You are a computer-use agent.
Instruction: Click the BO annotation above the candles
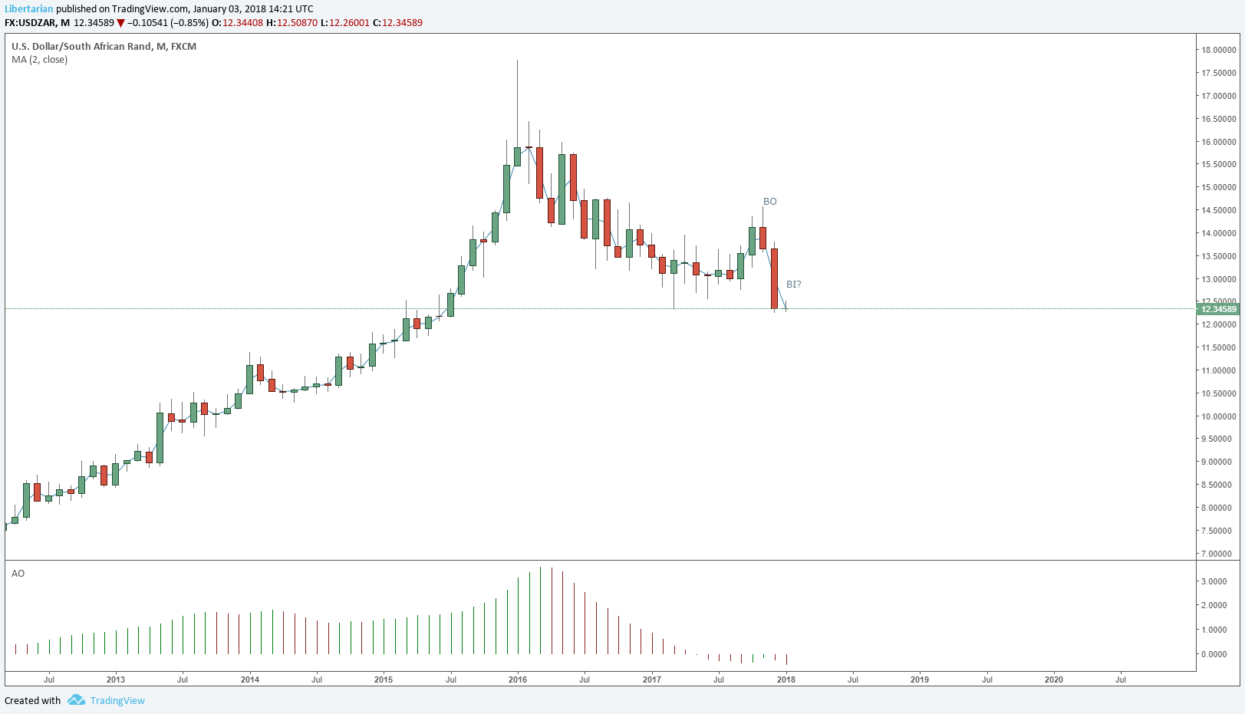pos(769,202)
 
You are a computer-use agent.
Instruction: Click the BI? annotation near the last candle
pos(793,285)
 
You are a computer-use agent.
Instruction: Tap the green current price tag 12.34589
pos(1218,309)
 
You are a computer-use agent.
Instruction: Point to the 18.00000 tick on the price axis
pos(1218,51)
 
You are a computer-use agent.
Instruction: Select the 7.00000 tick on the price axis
pos(1218,554)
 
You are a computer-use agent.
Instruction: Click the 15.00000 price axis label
pos(1218,188)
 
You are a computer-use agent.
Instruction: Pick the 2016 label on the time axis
pos(518,679)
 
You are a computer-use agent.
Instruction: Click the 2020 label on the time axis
pos(1053,679)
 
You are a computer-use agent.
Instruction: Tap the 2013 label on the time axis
pos(115,679)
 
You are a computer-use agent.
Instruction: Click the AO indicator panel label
pos(18,574)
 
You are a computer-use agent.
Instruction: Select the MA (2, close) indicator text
pos(39,60)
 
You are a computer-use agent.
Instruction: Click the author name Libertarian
pos(28,9)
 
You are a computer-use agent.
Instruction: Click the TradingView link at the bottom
pos(117,701)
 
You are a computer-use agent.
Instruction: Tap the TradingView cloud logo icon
pos(76,700)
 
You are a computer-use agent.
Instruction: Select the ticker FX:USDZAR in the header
pos(30,23)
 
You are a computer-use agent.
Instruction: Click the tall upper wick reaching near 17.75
pos(517,100)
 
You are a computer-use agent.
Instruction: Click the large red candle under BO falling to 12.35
pos(775,278)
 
